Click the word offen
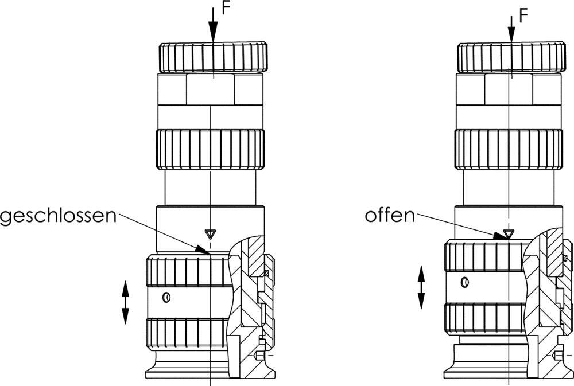389,216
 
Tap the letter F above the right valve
522,15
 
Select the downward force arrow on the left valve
212,26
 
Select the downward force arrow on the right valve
511,26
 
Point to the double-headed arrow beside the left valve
125,302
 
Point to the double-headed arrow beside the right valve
421,287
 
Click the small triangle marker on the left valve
211,233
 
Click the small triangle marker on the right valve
507,233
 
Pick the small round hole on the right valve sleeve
464,282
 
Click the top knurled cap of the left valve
212,57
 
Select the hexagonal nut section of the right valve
509,89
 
